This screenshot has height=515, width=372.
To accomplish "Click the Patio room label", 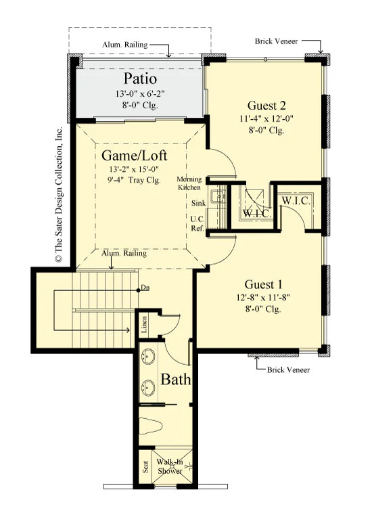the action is (x=140, y=79).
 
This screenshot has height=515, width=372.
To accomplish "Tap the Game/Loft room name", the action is (x=135, y=156).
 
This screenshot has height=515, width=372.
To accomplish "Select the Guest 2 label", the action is (x=266, y=106).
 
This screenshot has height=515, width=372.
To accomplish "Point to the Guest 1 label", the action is (x=263, y=284).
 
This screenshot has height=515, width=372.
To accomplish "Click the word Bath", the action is (x=175, y=380).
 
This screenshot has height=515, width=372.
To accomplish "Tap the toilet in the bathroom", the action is (x=151, y=426).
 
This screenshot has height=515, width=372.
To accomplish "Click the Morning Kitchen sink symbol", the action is (x=218, y=197).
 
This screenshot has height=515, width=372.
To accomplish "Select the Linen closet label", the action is (x=144, y=325).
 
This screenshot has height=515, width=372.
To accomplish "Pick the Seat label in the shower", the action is (x=145, y=467).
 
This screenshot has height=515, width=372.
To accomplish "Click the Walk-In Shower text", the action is (x=170, y=466).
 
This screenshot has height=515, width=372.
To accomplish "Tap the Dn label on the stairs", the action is (x=145, y=288).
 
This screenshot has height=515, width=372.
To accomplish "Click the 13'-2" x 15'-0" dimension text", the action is (x=134, y=169).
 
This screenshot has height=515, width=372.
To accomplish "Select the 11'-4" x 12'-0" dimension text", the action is (x=266, y=118).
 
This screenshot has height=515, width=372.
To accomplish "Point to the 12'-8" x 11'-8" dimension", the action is (x=263, y=298).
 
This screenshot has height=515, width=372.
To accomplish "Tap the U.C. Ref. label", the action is (x=197, y=223).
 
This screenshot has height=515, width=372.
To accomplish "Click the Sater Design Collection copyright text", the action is (x=59, y=194).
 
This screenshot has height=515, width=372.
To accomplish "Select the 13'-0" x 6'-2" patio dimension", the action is (x=140, y=94).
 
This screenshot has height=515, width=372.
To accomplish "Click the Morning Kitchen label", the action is (x=189, y=183).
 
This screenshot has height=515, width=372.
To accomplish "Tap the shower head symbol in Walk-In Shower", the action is (x=189, y=466).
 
